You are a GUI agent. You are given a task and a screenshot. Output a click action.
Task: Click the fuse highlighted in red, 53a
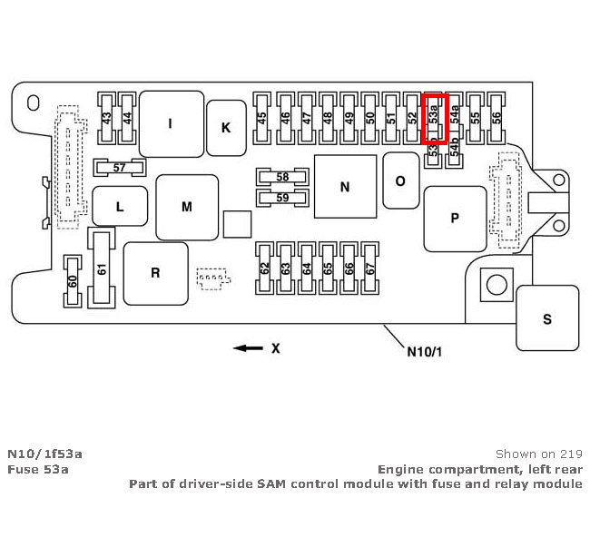[437, 118]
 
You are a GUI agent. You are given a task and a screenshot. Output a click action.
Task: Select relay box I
[170, 123]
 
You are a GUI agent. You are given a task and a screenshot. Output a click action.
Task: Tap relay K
[225, 127]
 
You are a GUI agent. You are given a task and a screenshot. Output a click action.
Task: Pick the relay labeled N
[344, 187]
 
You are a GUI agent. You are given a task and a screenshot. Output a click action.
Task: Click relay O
[399, 180]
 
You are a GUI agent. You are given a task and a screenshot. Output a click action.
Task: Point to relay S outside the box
[546, 317]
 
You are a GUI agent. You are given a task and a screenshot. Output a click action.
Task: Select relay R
[155, 273]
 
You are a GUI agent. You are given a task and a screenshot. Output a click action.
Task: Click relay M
[187, 207]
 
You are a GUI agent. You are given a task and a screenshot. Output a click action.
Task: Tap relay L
[119, 207]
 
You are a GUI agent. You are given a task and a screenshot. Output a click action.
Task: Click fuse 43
[107, 118]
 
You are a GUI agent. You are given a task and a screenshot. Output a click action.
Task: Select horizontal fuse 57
[120, 167]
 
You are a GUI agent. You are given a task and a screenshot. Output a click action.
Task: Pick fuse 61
[101, 268]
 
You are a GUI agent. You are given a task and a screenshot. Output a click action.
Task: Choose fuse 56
[497, 118]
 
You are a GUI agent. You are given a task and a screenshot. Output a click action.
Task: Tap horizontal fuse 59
[282, 197]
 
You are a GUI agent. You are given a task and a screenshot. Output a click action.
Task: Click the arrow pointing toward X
[242, 347]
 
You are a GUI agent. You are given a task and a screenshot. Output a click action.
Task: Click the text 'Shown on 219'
[539, 454]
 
